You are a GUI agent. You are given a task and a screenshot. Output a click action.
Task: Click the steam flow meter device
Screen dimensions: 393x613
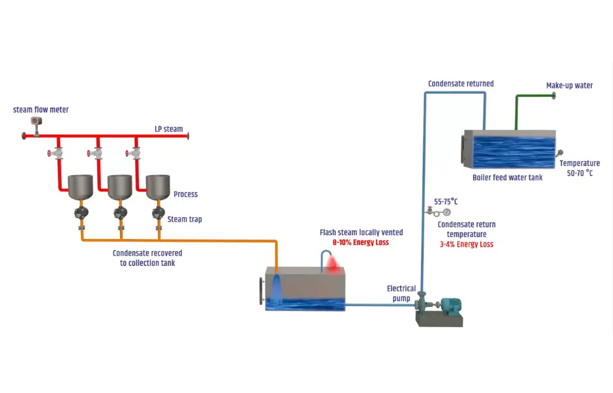37,121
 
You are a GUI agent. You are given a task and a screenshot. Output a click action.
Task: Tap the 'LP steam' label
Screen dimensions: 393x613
169,129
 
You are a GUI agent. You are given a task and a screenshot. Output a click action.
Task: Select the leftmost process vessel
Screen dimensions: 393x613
81,187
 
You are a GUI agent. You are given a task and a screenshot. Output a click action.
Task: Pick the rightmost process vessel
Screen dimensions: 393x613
158,187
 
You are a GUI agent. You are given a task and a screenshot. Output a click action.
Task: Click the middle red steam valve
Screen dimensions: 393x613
96,153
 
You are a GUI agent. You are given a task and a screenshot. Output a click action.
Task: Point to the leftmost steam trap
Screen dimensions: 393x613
81,213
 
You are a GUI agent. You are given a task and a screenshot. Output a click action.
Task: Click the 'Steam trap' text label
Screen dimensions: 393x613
185,219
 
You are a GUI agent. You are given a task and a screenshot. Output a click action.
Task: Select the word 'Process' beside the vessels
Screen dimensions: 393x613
186,194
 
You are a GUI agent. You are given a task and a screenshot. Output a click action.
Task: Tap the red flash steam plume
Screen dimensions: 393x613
332,263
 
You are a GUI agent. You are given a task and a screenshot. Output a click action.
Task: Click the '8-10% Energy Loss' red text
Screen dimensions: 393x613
360,243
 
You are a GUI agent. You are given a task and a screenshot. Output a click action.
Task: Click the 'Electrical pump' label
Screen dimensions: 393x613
401,293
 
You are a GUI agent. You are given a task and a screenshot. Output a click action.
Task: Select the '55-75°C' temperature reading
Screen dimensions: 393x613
446,201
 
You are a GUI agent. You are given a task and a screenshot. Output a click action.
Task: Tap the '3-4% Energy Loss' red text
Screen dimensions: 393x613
466,244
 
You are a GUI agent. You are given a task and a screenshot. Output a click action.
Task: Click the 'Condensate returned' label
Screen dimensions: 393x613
460,84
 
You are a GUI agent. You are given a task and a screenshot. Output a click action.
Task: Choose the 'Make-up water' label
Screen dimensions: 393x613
569,86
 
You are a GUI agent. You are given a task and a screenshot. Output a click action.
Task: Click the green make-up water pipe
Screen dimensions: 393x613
517,109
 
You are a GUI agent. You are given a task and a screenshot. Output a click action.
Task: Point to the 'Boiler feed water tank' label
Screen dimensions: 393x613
507,178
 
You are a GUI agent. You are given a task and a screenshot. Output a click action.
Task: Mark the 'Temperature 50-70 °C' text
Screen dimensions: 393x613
579,168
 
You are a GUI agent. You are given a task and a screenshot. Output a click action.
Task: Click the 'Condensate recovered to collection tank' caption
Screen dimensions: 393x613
147,258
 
